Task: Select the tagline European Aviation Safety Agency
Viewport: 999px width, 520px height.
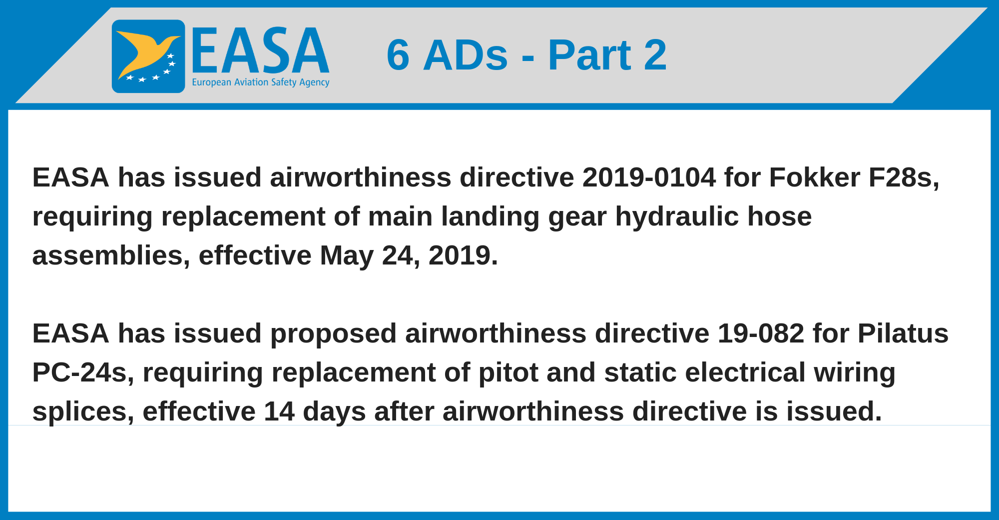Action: [x=261, y=82]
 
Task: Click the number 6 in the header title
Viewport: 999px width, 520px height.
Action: [x=398, y=55]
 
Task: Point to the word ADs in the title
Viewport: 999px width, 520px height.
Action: [x=466, y=55]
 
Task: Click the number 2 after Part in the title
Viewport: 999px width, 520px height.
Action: [x=655, y=55]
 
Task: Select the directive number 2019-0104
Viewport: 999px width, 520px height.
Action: [x=649, y=177]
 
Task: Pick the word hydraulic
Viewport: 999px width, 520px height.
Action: [x=677, y=217]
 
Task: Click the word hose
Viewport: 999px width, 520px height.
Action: [x=780, y=217]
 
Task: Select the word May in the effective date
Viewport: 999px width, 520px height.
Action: [x=347, y=256]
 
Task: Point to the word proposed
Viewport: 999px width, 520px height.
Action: [x=334, y=334]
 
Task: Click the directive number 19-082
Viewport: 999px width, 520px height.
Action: [x=761, y=333]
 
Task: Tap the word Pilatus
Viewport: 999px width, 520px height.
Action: [x=903, y=333]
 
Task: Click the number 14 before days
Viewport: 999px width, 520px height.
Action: [x=279, y=411]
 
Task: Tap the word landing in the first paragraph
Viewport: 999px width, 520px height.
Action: [x=491, y=217]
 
